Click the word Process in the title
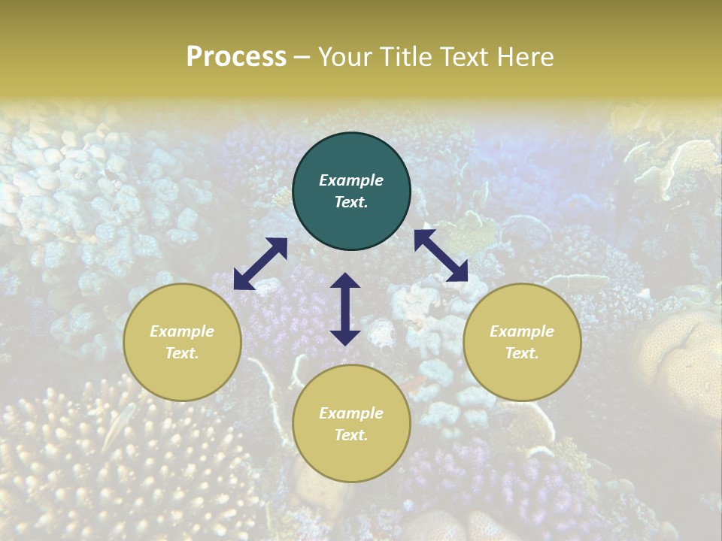coord(236,57)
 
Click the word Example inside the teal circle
coord(351,180)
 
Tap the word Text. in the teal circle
coord(351,202)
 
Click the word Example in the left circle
coord(182,331)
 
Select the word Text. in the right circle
coord(522,353)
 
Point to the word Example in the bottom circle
coord(351,413)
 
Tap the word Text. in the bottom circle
coord(351,435)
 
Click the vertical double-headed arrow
coord(345,309)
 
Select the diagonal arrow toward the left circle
coord(260,264)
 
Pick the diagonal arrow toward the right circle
coord(441,255)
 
